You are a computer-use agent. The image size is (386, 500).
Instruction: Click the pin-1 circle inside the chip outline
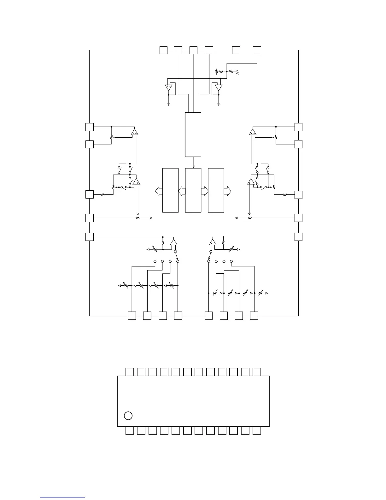[128, 416]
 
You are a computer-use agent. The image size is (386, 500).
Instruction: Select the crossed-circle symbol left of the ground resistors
[216, 72]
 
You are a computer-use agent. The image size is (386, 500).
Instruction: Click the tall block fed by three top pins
[193, 134]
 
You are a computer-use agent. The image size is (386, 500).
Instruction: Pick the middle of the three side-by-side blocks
[193, 190]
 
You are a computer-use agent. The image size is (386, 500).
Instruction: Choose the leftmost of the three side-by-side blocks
[170, 190]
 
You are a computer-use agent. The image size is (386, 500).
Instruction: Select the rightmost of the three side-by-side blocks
[216, 190]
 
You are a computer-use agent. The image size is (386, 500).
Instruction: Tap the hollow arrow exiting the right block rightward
[228, 191]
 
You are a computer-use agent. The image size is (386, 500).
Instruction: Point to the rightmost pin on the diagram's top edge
[257, 50]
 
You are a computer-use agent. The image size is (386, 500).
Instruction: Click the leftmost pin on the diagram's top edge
[163, 50]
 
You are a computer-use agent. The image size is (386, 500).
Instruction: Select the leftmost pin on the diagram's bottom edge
[132, 316]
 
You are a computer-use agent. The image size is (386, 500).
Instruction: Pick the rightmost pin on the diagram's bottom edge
[254, 316]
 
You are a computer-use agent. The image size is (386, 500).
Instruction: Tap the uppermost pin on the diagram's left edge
[90, 127]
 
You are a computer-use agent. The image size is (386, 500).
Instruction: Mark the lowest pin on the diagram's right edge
[298, 237]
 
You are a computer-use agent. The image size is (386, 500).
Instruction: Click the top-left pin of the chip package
[130, 372]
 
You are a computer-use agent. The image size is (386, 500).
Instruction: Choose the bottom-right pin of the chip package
[257, 431]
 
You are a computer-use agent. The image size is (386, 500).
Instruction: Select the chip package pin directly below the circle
[130, 431]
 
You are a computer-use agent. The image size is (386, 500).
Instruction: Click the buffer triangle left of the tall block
[169, 87]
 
